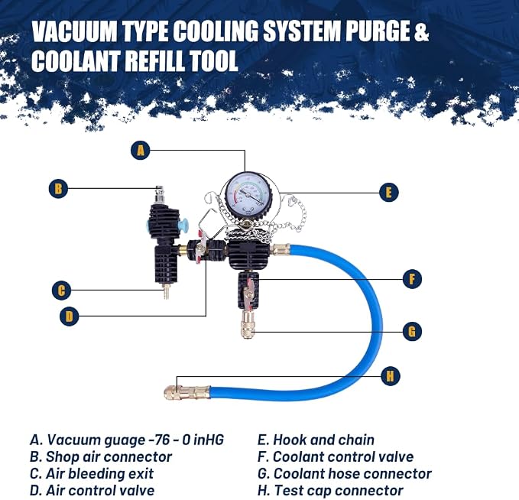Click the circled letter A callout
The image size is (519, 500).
click(141, 151)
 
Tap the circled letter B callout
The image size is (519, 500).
click(58, 188)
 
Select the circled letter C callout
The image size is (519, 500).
click(62, 291)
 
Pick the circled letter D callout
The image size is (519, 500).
click(70, 317)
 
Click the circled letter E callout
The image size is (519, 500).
click(388, 192)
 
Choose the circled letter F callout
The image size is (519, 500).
click(412, 279)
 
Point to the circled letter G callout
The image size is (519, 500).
click(412, 331)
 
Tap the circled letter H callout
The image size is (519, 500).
click(391, 376)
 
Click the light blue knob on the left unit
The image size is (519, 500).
click(183, 226)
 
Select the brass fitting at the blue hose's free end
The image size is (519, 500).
click(187, 392)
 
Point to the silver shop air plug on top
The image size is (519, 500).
click(160, 196)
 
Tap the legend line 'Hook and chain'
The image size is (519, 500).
click(316, 440)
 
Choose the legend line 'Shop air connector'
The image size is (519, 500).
click(101, 457)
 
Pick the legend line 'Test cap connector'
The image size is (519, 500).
click(330, 490)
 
